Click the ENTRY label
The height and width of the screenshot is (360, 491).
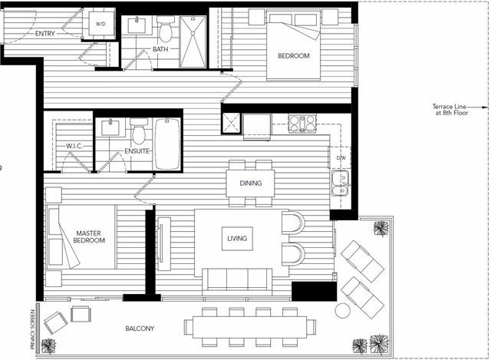click(45, 34)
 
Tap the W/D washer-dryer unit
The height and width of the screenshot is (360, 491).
click(101, 24)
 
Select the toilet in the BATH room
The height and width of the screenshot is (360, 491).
click(166, 29)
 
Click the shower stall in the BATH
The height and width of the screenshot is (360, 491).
click(193, 41)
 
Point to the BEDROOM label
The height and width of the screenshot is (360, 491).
click(294, 56)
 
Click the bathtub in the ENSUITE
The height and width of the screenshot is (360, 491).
click(167, 144)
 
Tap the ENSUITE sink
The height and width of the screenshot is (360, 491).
click(110, 127)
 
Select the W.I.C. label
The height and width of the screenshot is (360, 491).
click(74, 146)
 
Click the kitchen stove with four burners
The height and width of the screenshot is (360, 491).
click(302, 124)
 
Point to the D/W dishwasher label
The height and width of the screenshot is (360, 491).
click(341, 158)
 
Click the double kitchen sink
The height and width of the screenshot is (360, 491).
click(341, 183)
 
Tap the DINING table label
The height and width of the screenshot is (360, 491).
click(251, 183)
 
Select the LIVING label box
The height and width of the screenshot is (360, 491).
click(237, 239)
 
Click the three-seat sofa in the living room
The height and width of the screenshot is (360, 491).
click(237, 282)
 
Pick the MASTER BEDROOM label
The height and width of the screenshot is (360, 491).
click(89, 237)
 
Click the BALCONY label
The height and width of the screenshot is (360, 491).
click(140, 329)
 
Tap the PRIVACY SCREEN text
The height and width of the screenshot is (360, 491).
click(32, 329)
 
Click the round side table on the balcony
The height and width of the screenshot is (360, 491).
click(343, 311)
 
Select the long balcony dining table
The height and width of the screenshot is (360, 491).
click(249, 327)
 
